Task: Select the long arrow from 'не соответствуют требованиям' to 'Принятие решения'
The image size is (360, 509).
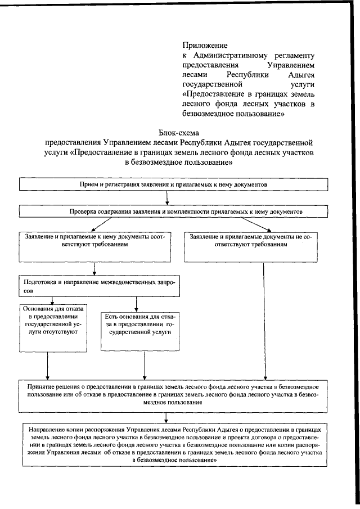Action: (x=264, y=321)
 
